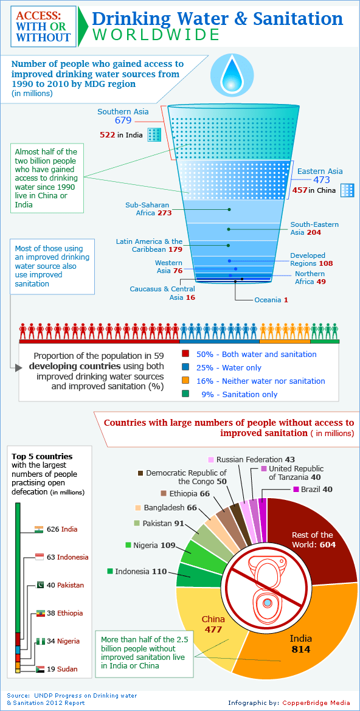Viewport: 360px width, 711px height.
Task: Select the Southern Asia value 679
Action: coord(123,121)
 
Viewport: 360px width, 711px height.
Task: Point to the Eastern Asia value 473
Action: coord(321,180)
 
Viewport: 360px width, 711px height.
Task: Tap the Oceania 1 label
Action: coord(271,300)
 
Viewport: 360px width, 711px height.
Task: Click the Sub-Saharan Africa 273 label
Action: coord(148,209)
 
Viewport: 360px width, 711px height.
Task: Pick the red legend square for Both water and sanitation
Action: coord(186,354)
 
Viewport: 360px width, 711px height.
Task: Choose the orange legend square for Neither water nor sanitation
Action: coord(186,381)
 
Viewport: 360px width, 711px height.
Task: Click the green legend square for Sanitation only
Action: coord(186,394)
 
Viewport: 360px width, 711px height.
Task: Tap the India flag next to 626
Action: coord(39,529)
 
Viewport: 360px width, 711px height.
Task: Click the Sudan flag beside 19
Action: coord(39,669)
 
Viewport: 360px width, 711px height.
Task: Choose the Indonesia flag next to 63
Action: coord(39,557)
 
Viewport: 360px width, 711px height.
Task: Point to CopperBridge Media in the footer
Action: coord(316,702)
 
